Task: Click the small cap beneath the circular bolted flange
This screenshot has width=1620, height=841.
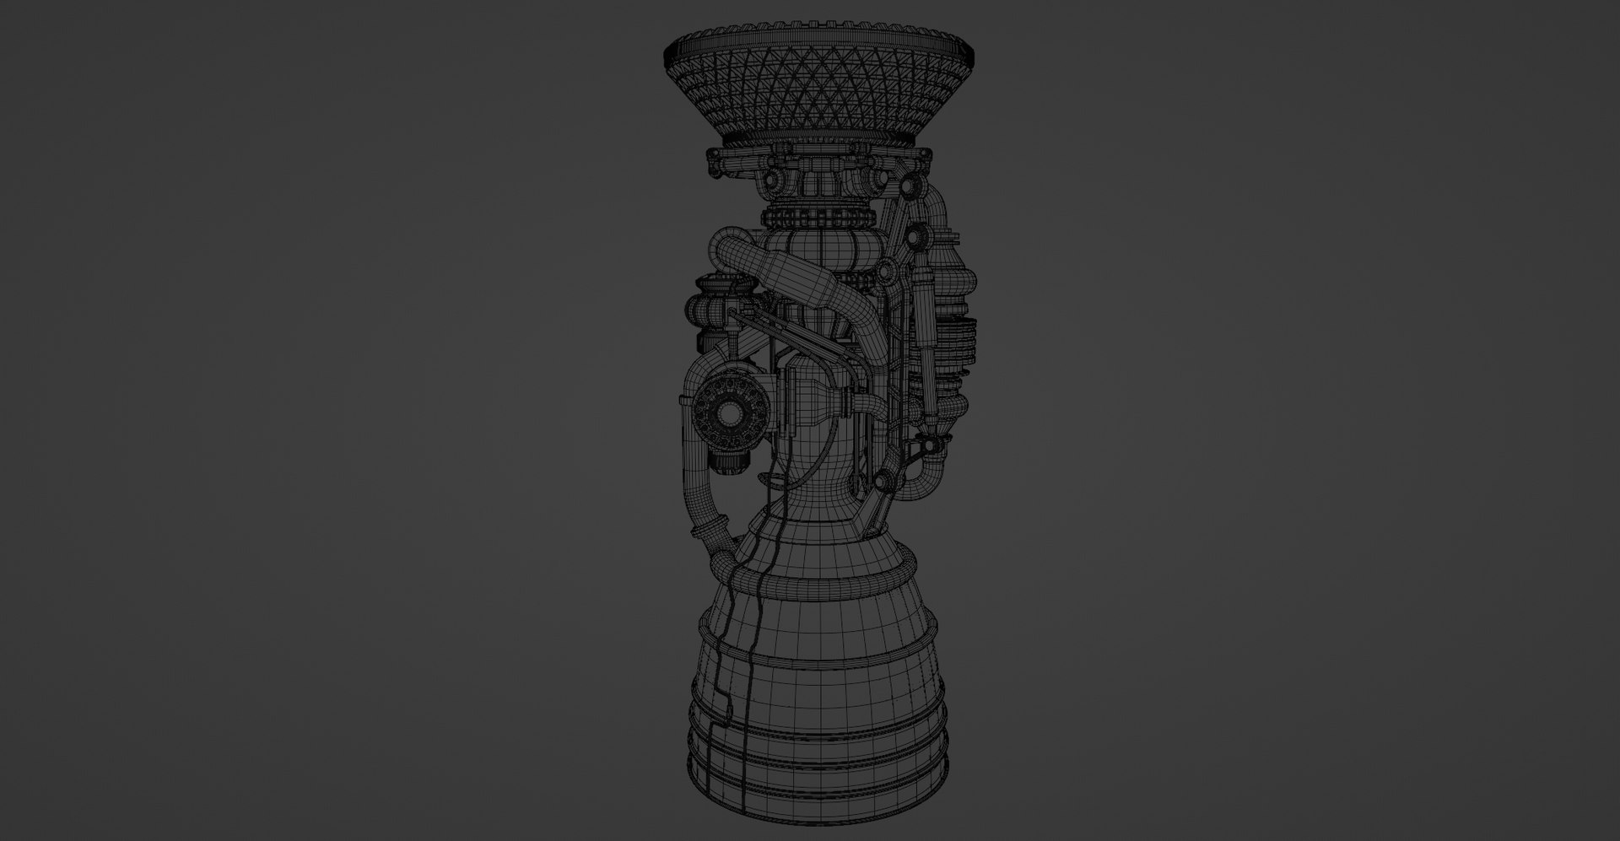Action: point(729,460)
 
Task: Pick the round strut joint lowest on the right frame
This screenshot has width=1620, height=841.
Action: point(884,482)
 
